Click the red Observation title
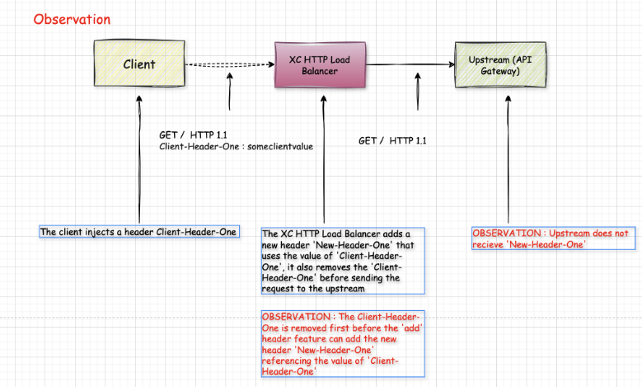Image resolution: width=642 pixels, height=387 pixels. click(x=72, y=19)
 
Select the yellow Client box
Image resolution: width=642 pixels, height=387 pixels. click(x=139, y=64)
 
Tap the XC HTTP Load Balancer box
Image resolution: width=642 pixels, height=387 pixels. click(x=320, y=64)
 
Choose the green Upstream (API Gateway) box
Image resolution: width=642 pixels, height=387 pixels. click(x=500, y=64)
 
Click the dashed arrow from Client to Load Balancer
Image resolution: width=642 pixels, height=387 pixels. click(x=230, y=64)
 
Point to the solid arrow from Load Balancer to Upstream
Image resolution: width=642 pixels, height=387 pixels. click(x=410, y=64)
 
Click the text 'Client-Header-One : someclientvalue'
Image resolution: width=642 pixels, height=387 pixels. click(x=237, y=146)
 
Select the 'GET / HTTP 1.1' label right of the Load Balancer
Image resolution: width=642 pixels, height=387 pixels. click(x=392, y=140)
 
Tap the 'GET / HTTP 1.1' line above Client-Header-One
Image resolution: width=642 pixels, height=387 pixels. click(x=193, y=135)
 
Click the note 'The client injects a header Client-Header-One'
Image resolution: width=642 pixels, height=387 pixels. click(x=139, y=232)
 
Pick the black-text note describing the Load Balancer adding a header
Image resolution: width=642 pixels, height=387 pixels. click(x=343, y=261)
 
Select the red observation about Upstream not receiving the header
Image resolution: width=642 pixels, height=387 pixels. click(x=554, y=238)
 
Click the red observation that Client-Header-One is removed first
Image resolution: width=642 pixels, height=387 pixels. click(x=343, y=344)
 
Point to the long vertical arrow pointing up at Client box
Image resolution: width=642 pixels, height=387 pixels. click(x=139, y=159)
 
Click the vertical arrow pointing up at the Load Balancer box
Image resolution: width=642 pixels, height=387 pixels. click(x=324, y=159)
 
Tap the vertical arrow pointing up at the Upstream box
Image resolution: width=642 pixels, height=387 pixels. click(x=508, y=159)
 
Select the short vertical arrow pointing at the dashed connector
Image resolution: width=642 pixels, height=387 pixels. click(x=230, y=92)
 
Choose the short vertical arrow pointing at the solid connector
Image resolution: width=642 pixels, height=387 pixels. click(x=418, y=92)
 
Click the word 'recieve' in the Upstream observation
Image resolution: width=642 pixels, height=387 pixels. click(x=488, y=245)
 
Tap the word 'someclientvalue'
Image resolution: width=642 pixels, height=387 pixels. click(x=280, y=146)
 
